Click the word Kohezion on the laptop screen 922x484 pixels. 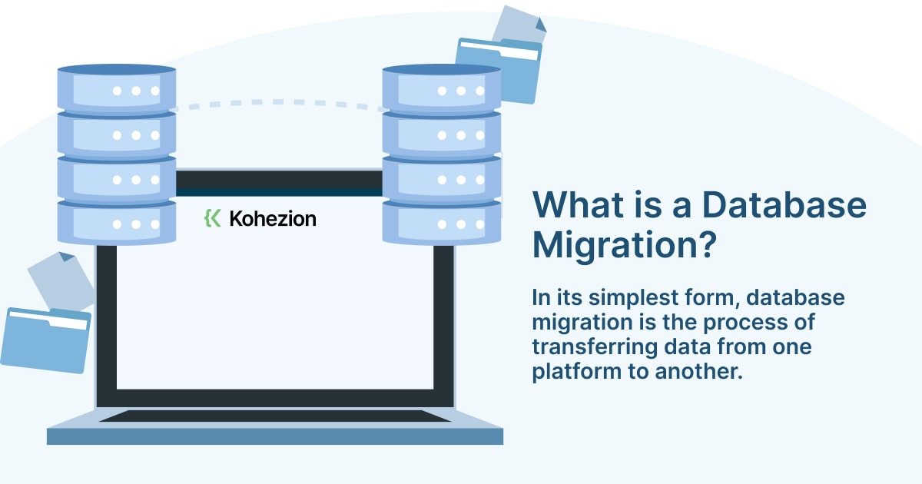coord(273,218)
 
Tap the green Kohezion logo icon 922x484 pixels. coord(212,218)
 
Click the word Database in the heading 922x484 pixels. coord(784,204)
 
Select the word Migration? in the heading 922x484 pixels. coord(625,245)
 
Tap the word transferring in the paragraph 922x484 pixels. coord(595,347)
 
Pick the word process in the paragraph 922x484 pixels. coord(742,323)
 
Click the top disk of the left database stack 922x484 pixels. coord(117,89)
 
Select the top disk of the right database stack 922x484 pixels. coord(442,89)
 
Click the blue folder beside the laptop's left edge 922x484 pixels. coord(46,340)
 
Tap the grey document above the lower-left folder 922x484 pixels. coord(61,280)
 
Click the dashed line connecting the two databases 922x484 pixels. coord(278,102)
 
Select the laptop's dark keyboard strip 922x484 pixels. coord(275,416)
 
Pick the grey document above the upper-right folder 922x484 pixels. coord(520,25)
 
